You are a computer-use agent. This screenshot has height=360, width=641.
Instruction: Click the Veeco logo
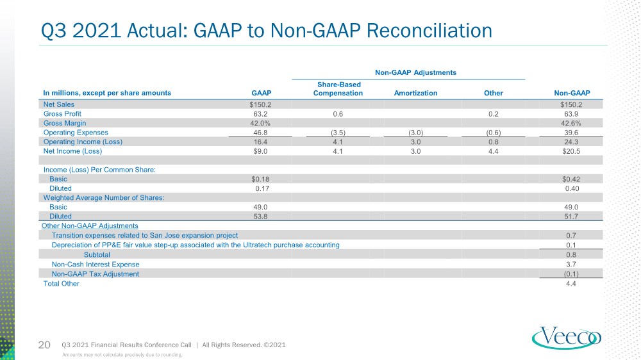point(566,338)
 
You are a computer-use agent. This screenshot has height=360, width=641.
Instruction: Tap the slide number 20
point(44,345)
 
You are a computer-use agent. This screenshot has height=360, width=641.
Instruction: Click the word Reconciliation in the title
point(429,31)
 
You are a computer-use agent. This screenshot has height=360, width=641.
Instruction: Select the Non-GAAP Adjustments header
point(415,73)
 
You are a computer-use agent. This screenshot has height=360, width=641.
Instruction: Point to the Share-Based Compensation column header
point(338,88)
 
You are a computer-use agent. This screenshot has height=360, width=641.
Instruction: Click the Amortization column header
point(415,93)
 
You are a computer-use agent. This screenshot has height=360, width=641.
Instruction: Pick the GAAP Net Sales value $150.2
point(260,104)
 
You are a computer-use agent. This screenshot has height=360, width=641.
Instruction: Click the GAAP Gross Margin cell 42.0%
point(260,124)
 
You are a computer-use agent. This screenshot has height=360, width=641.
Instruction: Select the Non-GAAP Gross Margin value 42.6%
point(571,124)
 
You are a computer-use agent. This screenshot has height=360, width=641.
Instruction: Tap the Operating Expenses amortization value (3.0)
point(416,133)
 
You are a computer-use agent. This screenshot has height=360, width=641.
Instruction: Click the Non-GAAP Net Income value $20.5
point(571,151)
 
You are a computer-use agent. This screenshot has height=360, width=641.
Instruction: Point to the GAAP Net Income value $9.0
point(260,151)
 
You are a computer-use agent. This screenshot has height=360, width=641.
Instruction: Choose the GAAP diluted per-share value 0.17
point(260,188)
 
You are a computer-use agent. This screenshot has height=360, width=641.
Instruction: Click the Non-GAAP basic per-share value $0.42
point(571,179)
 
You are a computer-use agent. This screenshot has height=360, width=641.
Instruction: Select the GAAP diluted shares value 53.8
point(260,217)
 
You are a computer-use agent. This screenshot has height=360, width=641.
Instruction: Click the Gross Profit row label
point(62,114)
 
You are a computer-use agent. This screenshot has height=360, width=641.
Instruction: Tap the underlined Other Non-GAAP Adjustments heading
point(90,226)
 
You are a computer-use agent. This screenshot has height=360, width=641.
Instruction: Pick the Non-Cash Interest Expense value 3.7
point(571,265)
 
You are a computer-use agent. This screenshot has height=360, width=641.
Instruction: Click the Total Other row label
point(62,284)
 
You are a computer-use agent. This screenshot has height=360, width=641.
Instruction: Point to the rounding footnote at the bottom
point(122,355)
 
